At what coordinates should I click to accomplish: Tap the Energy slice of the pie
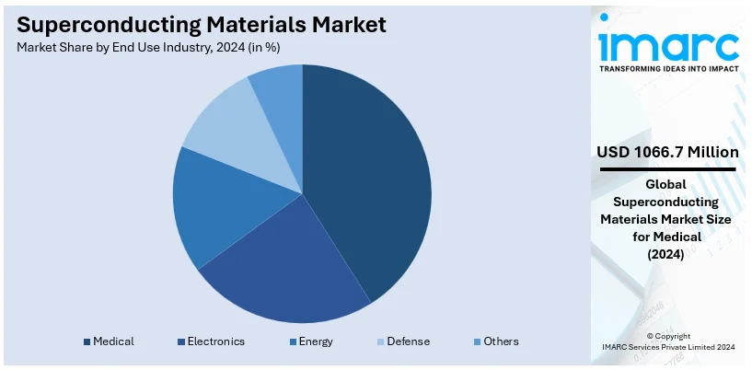point(207,207)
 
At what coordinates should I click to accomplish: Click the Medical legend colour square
point(87,341)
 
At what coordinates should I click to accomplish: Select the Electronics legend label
point(216,341)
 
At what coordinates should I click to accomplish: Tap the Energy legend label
point(316,341)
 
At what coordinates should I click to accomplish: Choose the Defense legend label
point(408,341)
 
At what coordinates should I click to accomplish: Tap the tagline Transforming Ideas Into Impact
point(668,68)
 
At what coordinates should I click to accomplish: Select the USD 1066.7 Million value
point(667,151)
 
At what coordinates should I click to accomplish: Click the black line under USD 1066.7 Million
point(667,169)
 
